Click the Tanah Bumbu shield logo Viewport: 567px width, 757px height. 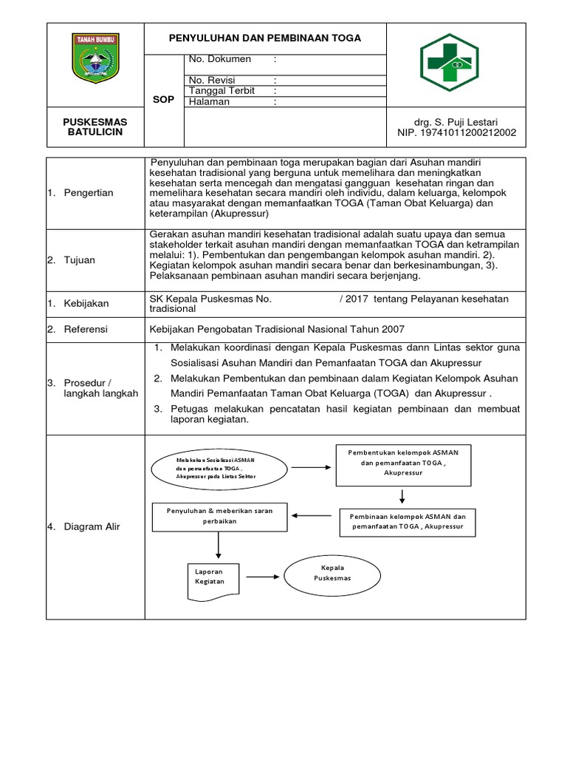(95, 57)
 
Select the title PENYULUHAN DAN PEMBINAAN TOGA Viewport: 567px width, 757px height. (265, 38)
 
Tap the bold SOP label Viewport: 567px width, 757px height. (163, 99)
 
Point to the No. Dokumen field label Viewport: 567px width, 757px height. (220, 59)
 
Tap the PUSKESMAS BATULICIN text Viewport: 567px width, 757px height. (94, 126)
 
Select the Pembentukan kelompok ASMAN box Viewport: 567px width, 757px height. (404, 465)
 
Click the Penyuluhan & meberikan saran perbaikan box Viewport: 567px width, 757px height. (219, 516)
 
